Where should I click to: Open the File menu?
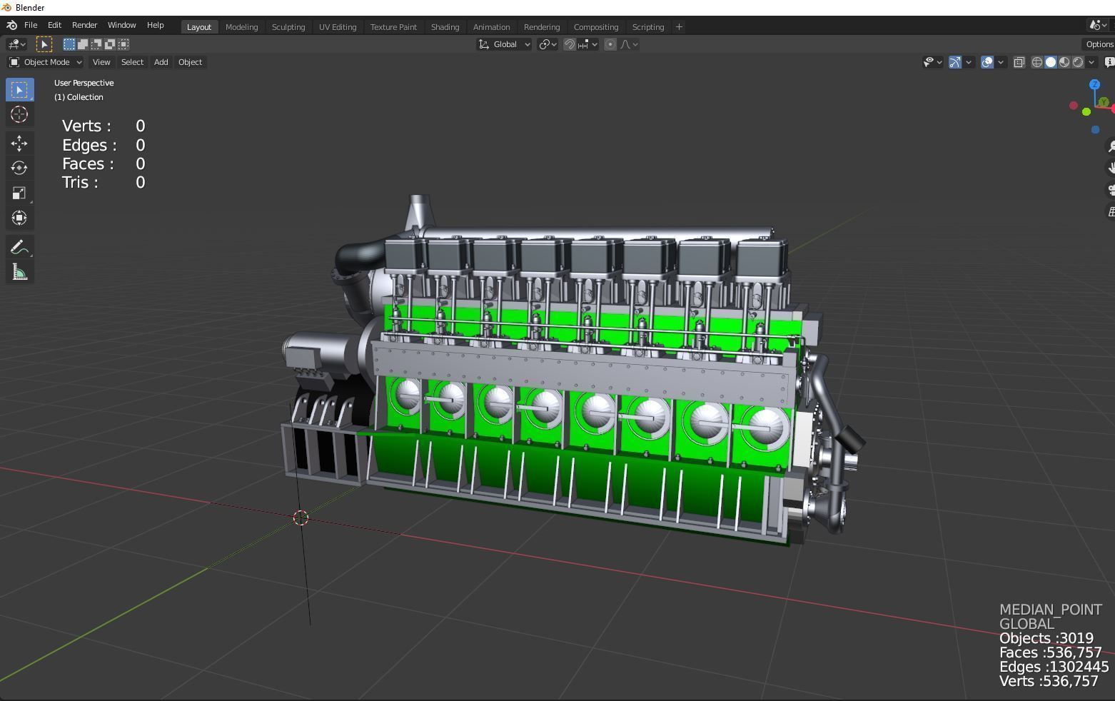(31, 25)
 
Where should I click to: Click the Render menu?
(84, 25)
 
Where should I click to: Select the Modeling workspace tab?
(241, 27)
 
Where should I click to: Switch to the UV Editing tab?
(337, 27)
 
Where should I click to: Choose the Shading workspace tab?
(445, 27)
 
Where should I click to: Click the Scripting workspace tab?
(647, 27)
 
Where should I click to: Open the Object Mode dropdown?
(46, 62)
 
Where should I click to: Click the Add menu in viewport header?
(161, 62)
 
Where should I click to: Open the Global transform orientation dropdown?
(505, 44)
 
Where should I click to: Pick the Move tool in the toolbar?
(19, 143)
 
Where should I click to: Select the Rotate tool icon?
(19, 168)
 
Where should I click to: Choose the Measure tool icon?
(19, 273)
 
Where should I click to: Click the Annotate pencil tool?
(19, 247)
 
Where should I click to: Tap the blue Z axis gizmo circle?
(1094, 85)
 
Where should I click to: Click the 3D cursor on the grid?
(301, 518)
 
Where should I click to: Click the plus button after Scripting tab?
(679, 27)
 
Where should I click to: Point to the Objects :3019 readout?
(1046, 638)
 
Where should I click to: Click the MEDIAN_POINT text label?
(1050, 610)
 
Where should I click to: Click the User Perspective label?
(84, 83)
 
